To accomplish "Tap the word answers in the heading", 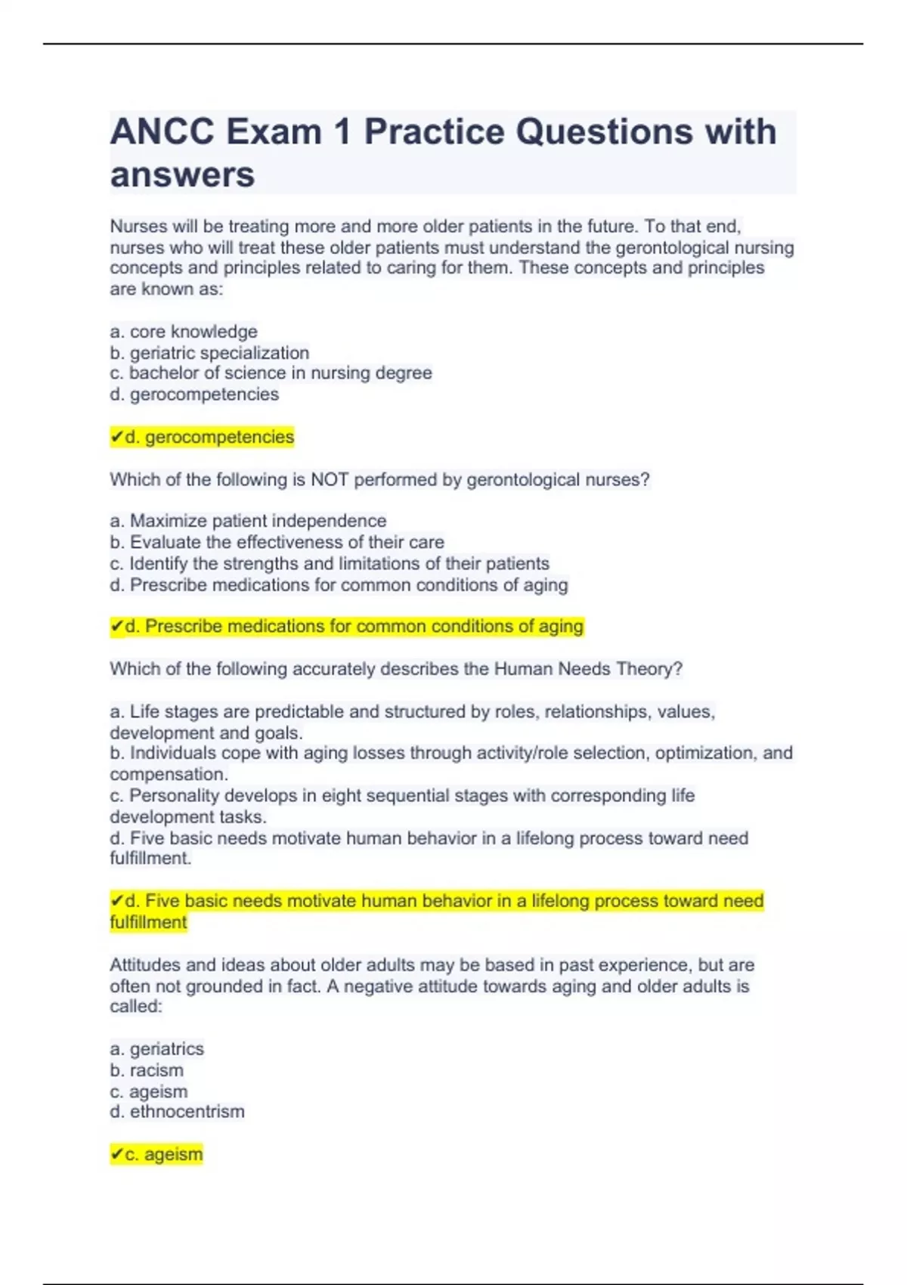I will point(182,175).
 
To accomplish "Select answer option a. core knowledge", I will point(184,332).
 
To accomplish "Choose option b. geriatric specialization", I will point(209,353).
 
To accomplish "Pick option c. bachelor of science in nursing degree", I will point(271,373).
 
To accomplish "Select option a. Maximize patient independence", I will point(248,521).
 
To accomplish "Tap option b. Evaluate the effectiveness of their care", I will point(277,542).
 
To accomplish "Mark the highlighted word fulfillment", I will point(148,922).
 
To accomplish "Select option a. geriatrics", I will point(156,1049).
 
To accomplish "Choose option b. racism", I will point(147,1070).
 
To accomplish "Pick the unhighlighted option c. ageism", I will point(149,1091).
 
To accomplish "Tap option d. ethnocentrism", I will point(177,1112).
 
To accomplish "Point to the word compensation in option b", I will point(167,774).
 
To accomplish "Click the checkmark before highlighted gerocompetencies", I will point(116,437).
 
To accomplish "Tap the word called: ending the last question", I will point(136,1007).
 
